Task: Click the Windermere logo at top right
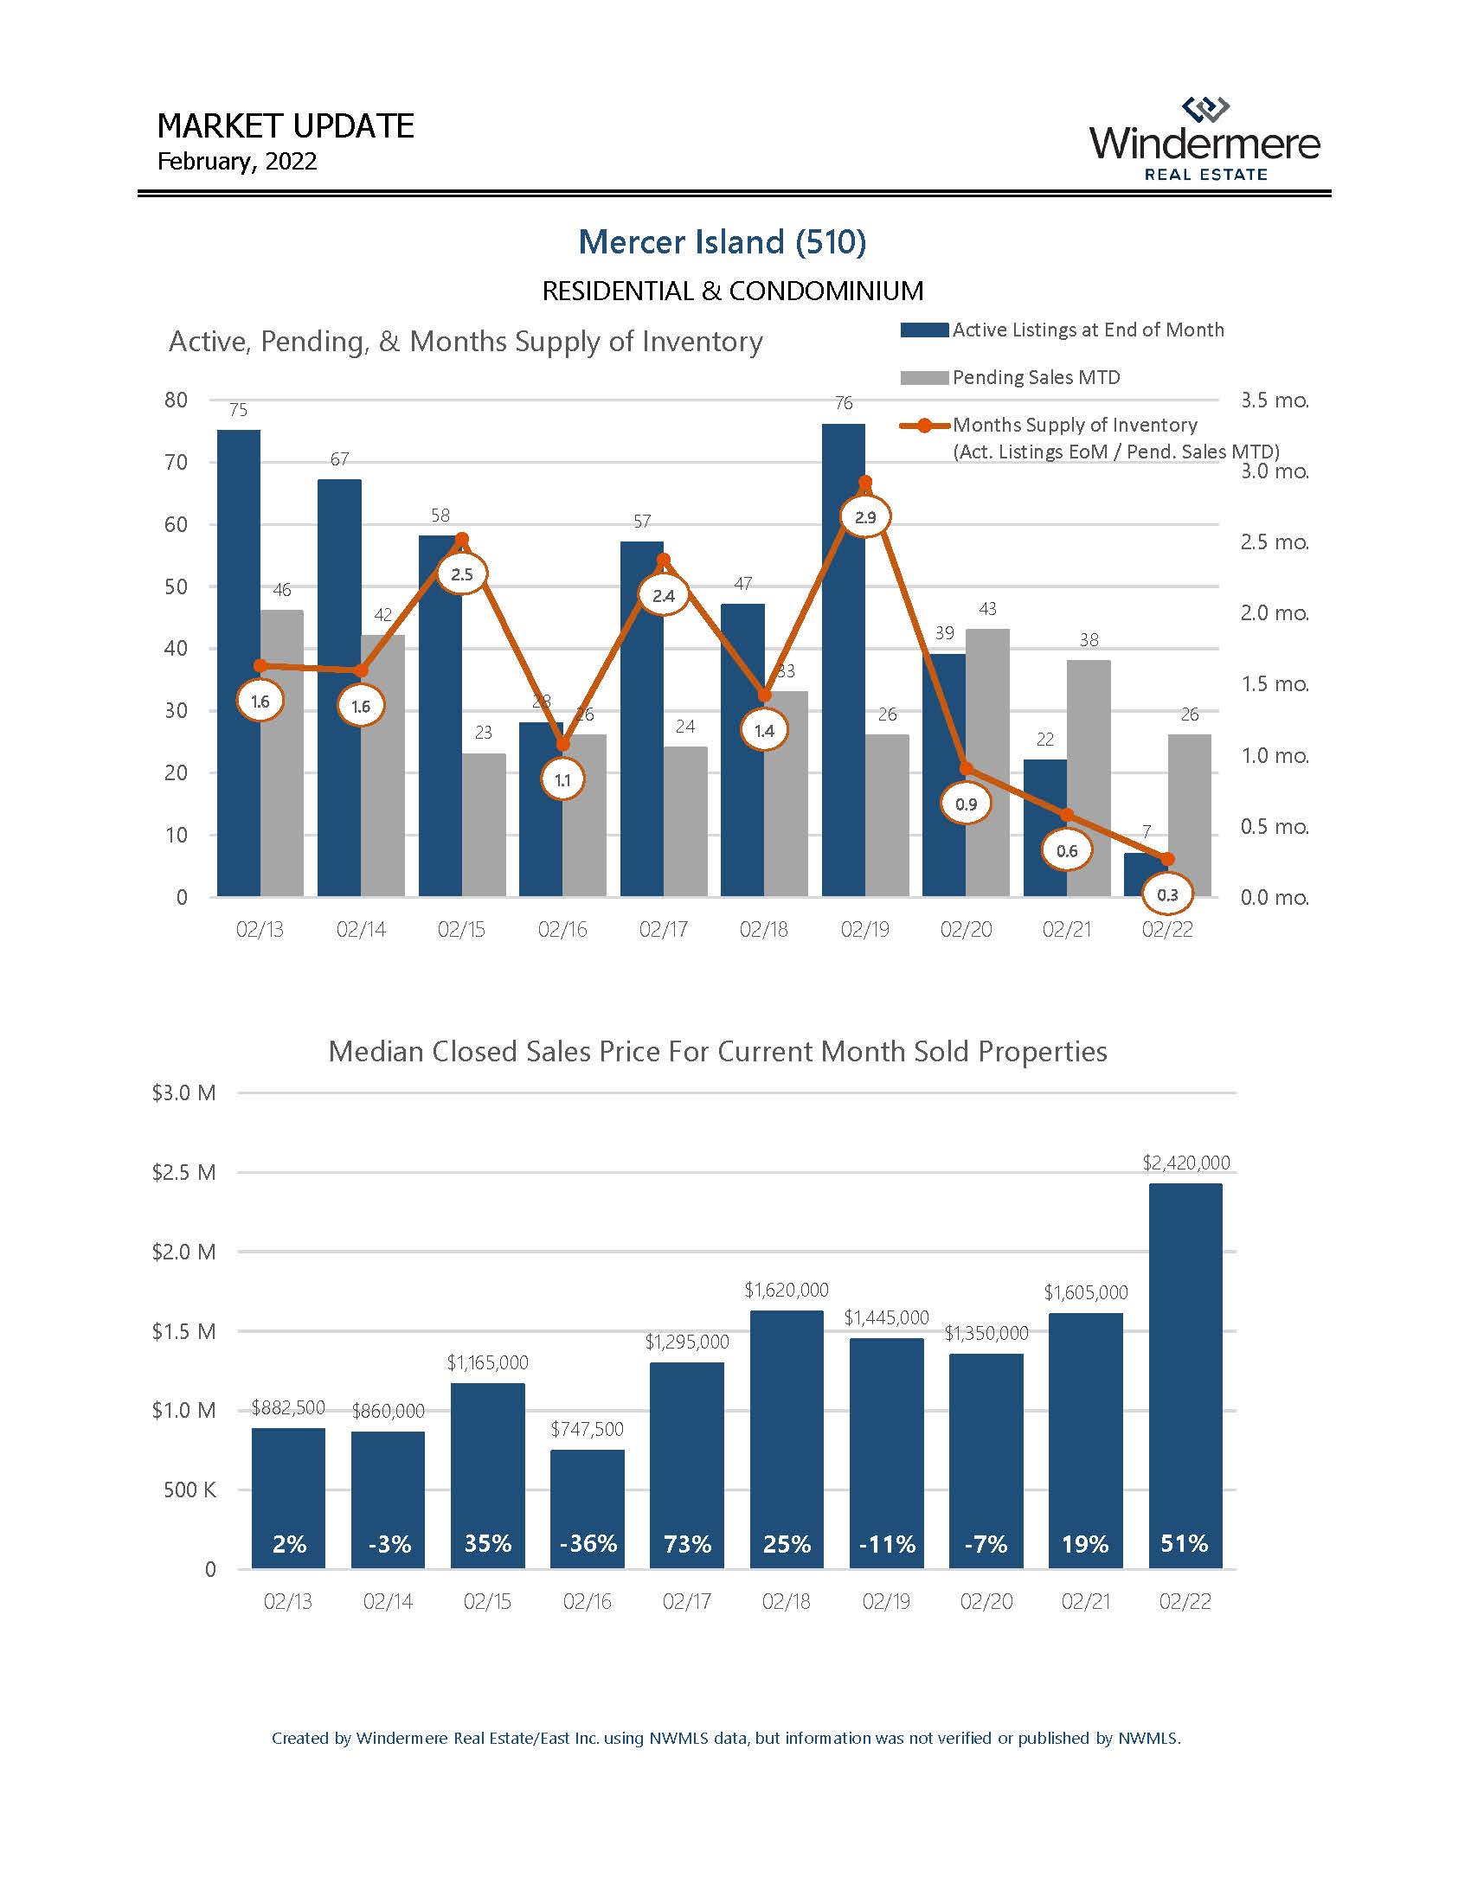point(1204,139)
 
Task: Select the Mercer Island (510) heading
point(722,242)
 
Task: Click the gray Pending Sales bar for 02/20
point(987,762)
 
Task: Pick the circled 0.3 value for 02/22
point(1167,895)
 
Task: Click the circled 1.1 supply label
point(562,780)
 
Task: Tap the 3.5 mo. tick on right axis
point(1274,400)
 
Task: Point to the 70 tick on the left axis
point(176,463)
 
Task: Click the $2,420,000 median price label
point(1185,1163)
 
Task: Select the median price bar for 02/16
point(588,1509)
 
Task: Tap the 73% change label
point(687,1544)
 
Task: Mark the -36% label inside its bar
point(588,1544)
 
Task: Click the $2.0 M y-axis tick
point(183,1253)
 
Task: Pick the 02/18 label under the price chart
point(786,1601)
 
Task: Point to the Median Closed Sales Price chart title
point(717,1052)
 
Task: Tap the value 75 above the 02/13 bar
point(238,409)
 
